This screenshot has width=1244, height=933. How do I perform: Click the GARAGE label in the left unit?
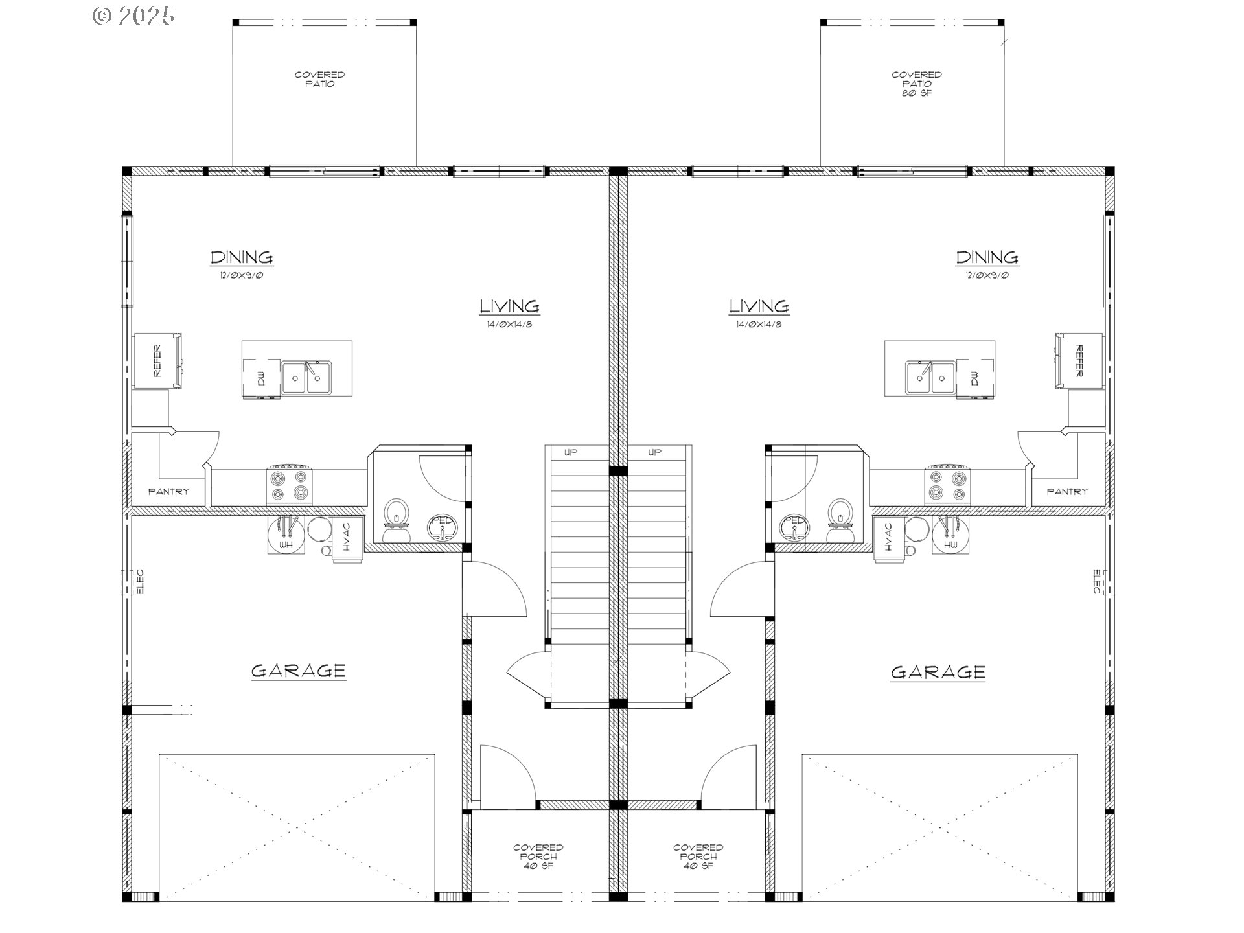[x=298, y=671]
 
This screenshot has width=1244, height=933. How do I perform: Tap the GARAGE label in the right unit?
[x=938, y=673]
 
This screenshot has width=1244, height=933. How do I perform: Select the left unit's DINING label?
[x=242, y=257]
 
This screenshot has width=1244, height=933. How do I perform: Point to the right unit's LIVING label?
[x=759, y=306]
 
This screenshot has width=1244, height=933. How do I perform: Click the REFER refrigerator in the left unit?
[x=157, y=361]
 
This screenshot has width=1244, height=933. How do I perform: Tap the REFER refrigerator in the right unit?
[x=1079, y=361]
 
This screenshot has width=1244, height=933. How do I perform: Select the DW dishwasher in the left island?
[x=262, y=378]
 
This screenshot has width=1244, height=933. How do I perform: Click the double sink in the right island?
[x=930, y=377]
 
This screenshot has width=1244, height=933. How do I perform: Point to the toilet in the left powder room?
[x=397, y=520]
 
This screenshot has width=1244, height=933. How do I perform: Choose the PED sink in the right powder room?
[x=795, y=527]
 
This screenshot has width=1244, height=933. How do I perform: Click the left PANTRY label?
[x=168, y=492]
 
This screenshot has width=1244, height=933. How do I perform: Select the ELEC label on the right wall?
[x=1097, y=582]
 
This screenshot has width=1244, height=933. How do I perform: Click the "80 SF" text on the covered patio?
[x=916, y=93]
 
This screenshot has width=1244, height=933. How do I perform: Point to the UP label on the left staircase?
[x=570, y=452]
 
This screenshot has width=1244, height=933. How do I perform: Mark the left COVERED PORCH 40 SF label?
[x=538, y=857]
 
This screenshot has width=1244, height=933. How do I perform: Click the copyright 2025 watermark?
[x=133, y=16]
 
